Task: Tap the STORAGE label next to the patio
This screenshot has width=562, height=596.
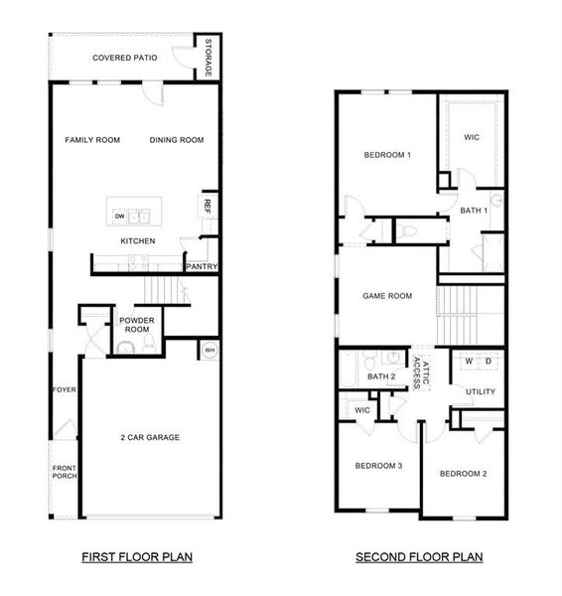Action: coord(208,58)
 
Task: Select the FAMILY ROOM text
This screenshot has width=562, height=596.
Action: coord(92,140)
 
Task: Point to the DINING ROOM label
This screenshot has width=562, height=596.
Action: coord(177,140)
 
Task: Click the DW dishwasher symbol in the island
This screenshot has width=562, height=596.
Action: coord(119,216)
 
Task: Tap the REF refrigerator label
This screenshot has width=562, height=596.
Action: coord(208,206)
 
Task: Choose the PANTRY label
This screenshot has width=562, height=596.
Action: coord(202,266)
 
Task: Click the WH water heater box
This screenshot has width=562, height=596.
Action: coord(210,350)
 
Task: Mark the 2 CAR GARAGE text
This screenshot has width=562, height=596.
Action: coord(150,437)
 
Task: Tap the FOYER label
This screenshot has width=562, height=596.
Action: coord(64,389)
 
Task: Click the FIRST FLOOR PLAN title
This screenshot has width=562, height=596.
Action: coord(137,557)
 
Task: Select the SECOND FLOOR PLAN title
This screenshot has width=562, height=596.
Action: coord(419,557)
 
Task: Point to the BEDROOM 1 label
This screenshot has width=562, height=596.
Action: coord(387,155)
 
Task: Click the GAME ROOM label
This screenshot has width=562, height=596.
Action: coord(386,295)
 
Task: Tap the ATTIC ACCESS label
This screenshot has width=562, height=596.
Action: coord(424,374)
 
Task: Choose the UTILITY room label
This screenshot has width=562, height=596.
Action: coord(481,391)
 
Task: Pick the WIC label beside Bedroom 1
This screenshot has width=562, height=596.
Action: coord(472,137)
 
